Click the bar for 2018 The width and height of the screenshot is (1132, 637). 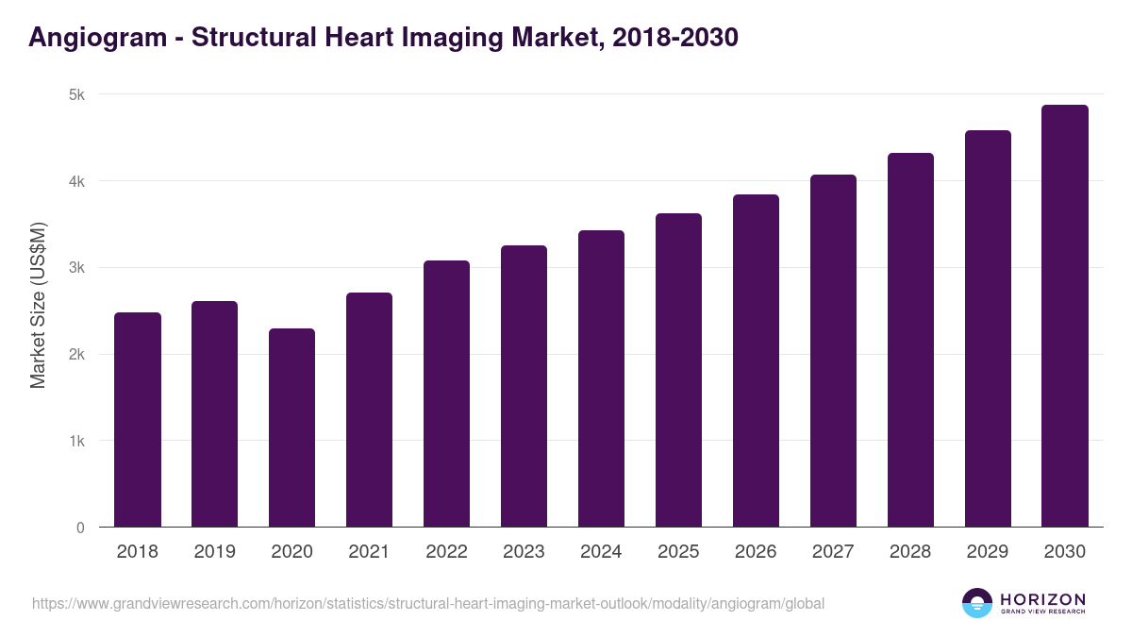pos(138,420)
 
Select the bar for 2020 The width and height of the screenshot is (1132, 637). pos(292,427)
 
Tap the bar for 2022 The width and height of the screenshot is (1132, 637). pos(447,394)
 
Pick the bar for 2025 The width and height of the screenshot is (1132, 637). pos(679,370)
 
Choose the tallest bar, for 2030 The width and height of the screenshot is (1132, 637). pos(1065,316)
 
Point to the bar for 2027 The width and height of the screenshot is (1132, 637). pos(834,351)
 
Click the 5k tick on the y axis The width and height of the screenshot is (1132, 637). pos(75,94)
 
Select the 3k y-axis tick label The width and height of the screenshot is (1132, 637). pos(75,268)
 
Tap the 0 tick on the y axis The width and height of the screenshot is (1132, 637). pos(80,528)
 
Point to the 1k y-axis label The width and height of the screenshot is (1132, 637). pos(75,441)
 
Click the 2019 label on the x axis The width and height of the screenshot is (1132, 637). pos(215,552)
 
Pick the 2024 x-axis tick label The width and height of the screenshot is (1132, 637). pos(602,552)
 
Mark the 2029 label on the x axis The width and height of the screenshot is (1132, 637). pos(988,552)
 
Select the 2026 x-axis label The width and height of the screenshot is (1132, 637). pos(757,552)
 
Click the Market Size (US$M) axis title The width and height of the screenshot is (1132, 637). pos(38,304)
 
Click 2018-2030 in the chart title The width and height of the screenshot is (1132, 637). pos(674,38)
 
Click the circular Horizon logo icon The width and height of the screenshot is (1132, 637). pos(977,603)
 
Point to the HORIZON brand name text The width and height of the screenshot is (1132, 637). pos(1042,599)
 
